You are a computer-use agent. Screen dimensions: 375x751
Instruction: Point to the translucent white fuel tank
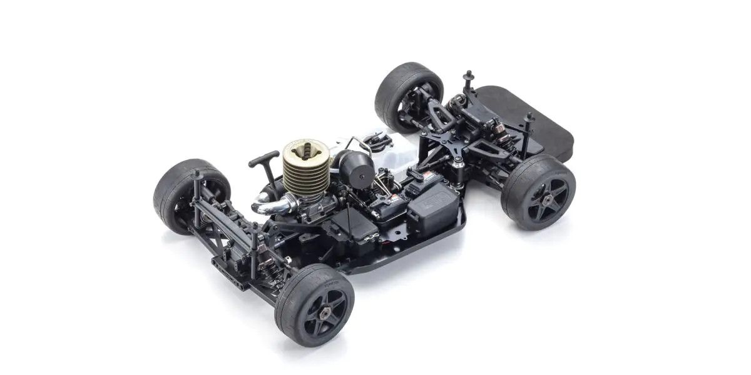click(388, 147)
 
